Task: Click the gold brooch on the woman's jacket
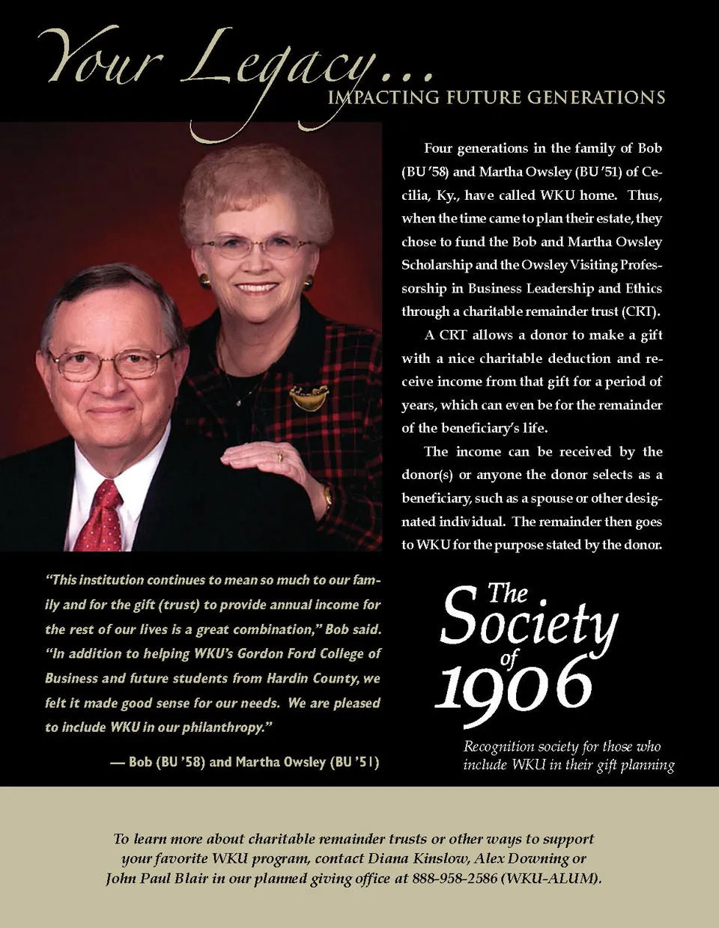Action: click(309, 397)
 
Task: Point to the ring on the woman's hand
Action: click(280, 457)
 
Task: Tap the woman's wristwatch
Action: click(327, 496)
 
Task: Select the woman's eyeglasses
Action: click(257, 246)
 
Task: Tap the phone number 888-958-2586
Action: click(455, 879)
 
